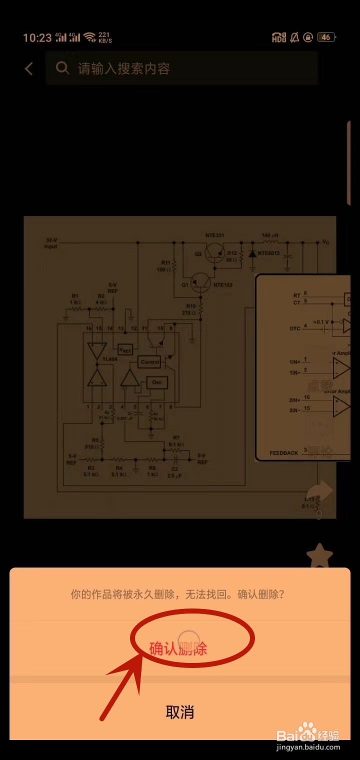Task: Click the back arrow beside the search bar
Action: click(x=29, y=68)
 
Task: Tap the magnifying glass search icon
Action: click(x=62, y=68)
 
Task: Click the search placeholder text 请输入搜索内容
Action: click(x=124, y=68)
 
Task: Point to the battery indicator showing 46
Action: click(x=326, y=37)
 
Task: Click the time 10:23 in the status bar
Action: click(x=37, y=38)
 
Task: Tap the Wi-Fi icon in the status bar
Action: click(x=89, y=37)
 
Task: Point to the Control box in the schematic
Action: click(x=150, y=362)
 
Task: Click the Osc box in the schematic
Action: click(x=156, y=383)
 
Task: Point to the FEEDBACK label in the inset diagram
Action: click(x=283, y=453)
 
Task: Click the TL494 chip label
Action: click(x=109, y=359)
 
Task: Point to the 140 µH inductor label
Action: click(x=269, y=235)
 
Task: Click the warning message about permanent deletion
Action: click(x=177, y=594)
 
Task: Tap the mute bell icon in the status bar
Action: click(x=294, y=37)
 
